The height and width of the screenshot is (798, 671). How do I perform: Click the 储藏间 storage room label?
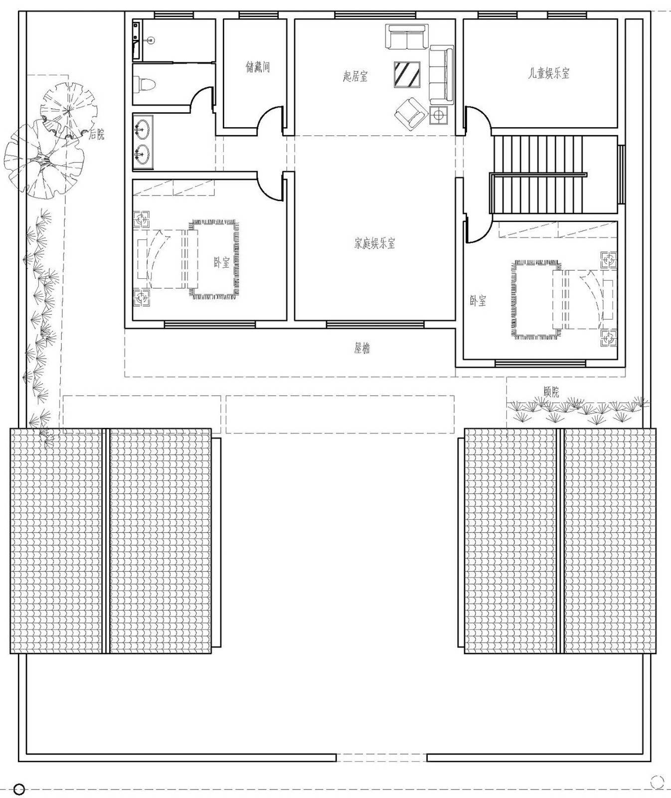(x=258, y=67)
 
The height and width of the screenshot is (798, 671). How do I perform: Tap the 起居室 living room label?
(x=355, y=76)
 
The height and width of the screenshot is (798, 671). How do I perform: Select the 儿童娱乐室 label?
(x=549, y=73)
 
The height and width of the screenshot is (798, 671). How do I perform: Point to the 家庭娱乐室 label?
(x=375, y=243)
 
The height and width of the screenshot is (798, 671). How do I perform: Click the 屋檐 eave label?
(x=362, y=348)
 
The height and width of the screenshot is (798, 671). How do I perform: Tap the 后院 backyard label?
(x=97, y=134)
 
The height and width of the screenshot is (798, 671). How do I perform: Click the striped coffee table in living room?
(x=407, y=74)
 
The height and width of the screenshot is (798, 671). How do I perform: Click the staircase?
(x=538, y=175)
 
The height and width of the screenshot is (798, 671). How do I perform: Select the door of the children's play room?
(x=478, y=120)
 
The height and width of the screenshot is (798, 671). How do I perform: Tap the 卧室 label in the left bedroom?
(x=222, y=262)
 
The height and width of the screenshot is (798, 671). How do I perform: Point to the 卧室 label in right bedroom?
(x=478, y=301)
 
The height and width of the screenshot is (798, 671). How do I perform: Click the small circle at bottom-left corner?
(x=19, y=789)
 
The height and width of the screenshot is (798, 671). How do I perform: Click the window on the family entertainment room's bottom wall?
(x=375, y=324)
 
